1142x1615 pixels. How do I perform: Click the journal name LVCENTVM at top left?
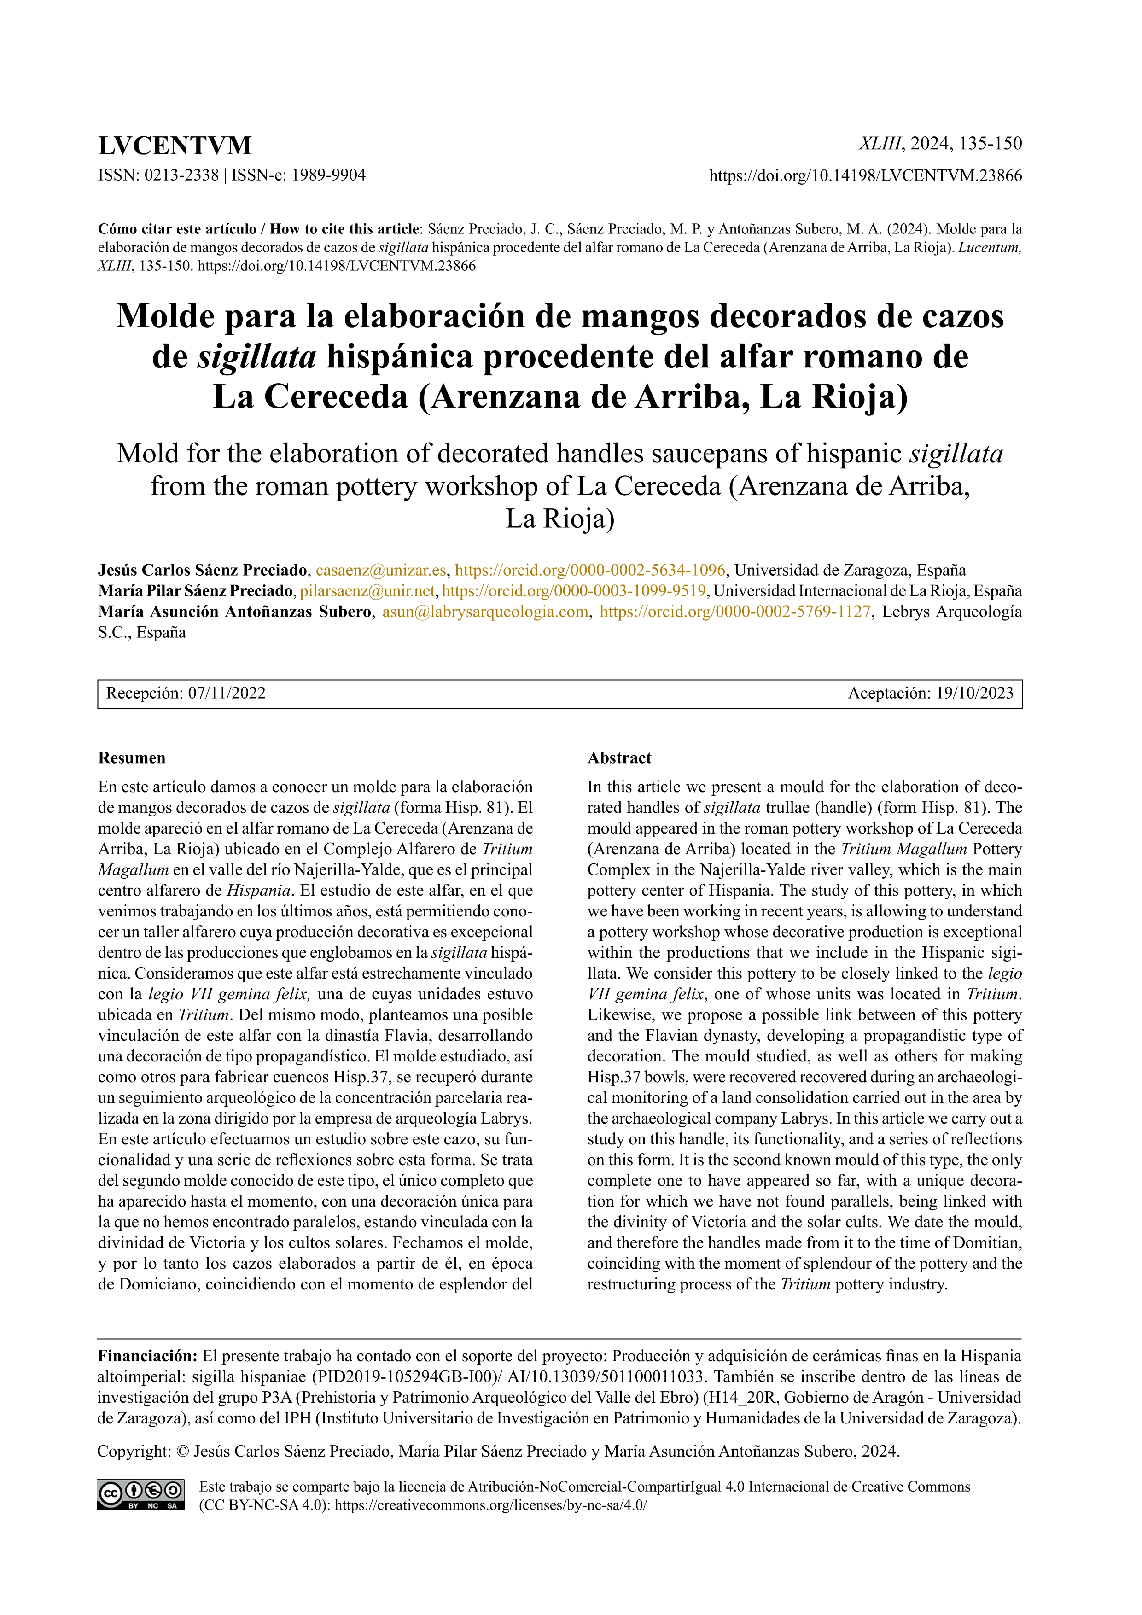[175, 146]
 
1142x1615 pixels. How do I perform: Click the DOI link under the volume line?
[865, 176]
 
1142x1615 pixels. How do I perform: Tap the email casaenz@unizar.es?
[380, 570]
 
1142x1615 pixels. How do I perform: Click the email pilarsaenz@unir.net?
[367, 591]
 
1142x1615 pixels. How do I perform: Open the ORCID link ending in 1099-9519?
[574, 591]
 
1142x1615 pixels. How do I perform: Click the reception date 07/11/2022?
[227, 694]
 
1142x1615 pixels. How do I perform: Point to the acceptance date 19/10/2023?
[974, 694]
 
